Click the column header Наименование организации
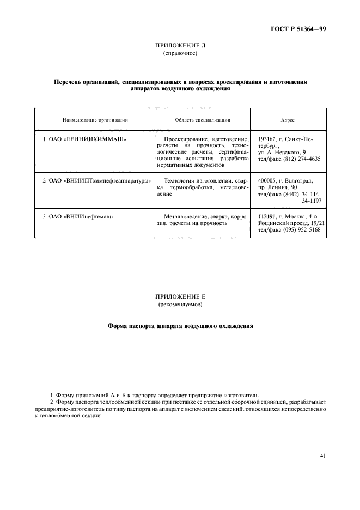click(x=95, y=119)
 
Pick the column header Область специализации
click(x=203, y=119)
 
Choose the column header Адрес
click(x=288, y=119)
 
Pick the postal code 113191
click(x=267, y=216)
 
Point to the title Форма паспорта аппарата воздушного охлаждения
click(x=180, y=327)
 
